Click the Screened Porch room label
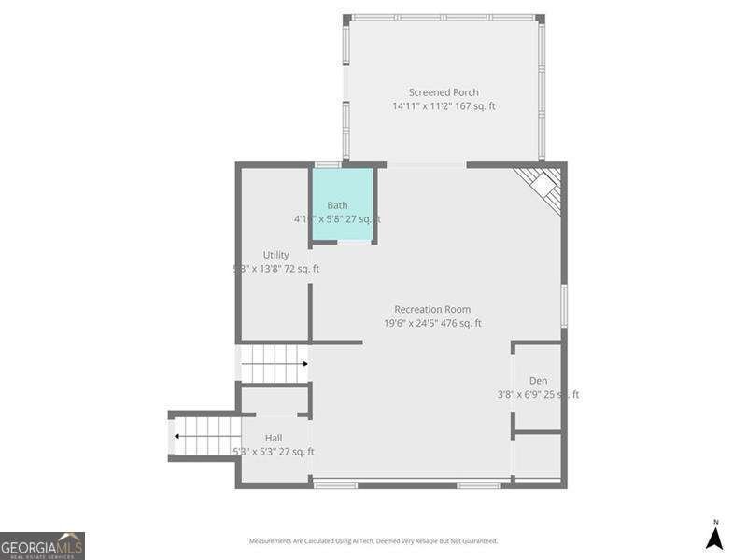pyautogui.click(x=444, y=92)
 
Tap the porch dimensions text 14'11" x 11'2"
pyautogui.click(x=444, y=106)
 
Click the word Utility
pyautogui.click(x=275, y=255)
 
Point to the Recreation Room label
pyautogui.click(x=432, y=309)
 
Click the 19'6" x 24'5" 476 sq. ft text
pyautogui.click(x=432, y=324)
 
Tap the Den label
pyautogui.click(x=538, y=380)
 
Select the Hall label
pyautogui.click(x=274, y=438)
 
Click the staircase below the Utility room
pyautogui.click(x=275, y=364)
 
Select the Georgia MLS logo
pyautogui.click(x=42, y=545)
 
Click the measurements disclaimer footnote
pyautogui.click(x=373, y=540)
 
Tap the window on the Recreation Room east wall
pyautogui.click(x=563, y=306)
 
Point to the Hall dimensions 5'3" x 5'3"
pyautogui.click(x=273, y=452)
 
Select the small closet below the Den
pyautogui.click(x=539, y=457)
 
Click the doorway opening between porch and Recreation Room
pyautogui.click(x=426, y=165)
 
